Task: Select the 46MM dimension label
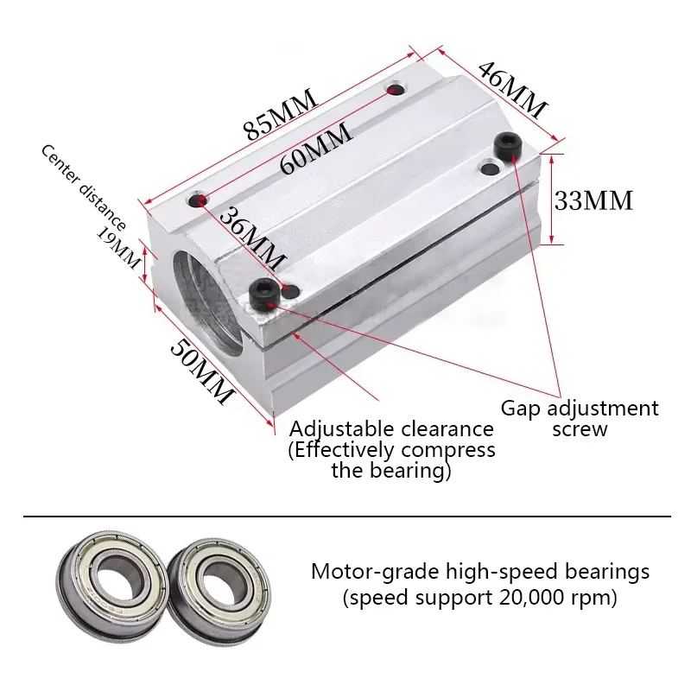pyautogui.click(x=512, y=91)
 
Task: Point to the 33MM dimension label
pyautogui.click(x=593, y=201)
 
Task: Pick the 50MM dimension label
pyautogui.click(x=201, y=371)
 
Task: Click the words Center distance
pyautogui.click(x=83, y=187)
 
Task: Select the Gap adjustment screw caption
pyautogui.click(x=580, y=418)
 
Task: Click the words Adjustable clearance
pyautogui.click(x=391, y=429)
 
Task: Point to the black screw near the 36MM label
pyautogui.click(x=263, y=295)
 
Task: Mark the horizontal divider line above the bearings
pyautogui.click(x=345, y=517)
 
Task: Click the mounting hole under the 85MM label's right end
pyautogui.click(x=396, y=89)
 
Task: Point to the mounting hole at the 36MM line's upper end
pyautogui.click(x=200, y=201)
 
